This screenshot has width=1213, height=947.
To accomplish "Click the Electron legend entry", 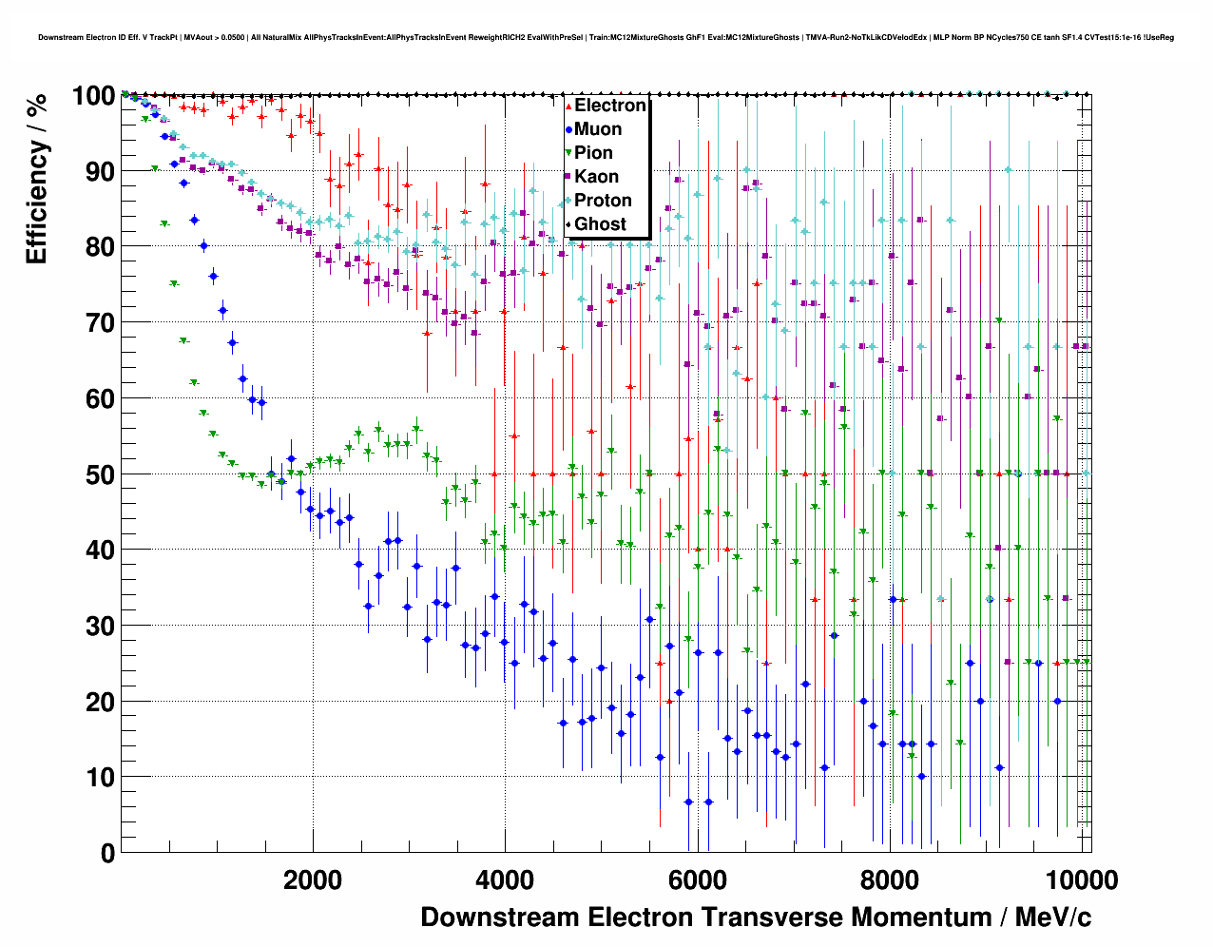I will tap(609, 106).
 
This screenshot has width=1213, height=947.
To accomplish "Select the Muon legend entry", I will tap(598, 129).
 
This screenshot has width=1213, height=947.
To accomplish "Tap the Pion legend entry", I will tap(593, 153).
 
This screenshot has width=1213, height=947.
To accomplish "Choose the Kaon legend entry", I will tap(596, 177).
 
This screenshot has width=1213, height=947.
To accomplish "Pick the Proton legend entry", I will tap(603, 201).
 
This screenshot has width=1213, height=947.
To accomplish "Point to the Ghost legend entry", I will tap(600, 224).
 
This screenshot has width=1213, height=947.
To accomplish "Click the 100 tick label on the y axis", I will tap(93, 96).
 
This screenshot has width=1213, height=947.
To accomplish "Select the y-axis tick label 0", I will tap(107, 853).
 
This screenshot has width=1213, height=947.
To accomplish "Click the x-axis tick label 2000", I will tap(313, 880).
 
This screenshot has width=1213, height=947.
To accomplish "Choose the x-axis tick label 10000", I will tap(1075, 880).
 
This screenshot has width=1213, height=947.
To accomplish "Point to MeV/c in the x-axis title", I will tap(1053, 918).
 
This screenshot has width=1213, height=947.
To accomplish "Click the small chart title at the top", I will tap(606, 38).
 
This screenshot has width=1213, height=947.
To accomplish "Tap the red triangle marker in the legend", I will tap(568, 106).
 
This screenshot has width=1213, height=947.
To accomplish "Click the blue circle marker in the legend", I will tap(568, 129).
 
